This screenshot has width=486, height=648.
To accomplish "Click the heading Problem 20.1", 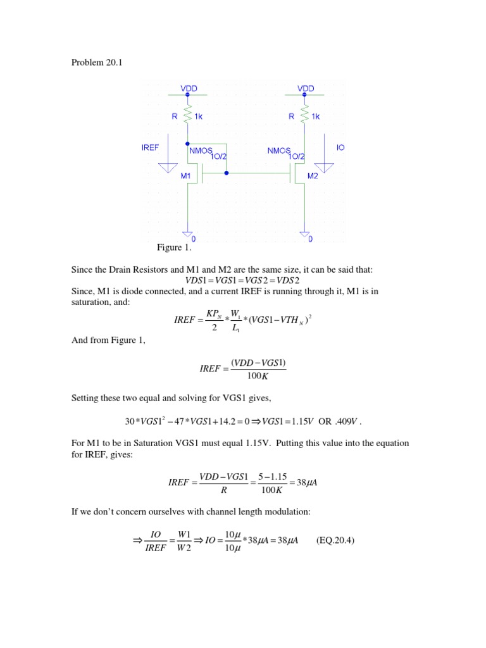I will (90, 63).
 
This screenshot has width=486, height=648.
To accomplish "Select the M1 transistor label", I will (185, 175).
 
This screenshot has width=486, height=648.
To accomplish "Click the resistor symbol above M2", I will (305, 116).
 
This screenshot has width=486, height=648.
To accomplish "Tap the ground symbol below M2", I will (305, 233).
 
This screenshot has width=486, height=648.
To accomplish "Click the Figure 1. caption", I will (173, 247).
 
